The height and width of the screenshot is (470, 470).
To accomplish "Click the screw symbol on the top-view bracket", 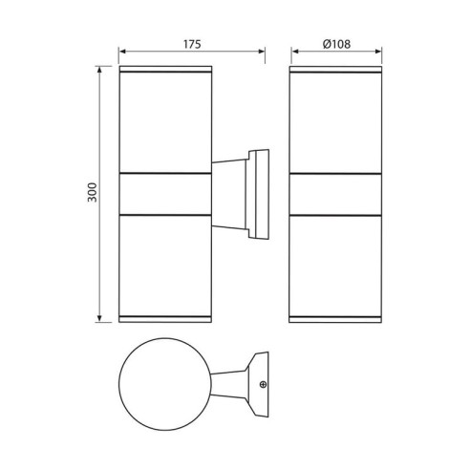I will [x=264, y=386].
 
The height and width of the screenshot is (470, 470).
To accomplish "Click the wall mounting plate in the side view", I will [x=258, y=193].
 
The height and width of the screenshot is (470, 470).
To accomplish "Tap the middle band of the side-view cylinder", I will [x=164, y=193].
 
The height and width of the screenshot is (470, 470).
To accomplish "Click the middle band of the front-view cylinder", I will [x=333, y=193].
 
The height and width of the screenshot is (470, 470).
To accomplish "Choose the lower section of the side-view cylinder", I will [x=164, y=263].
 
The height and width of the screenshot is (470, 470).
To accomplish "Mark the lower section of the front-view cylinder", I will [x=333, y=263].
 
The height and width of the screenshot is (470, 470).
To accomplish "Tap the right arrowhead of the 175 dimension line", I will [x=261, y=54].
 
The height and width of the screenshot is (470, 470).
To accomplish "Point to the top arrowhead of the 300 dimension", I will [x=100, y=71].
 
